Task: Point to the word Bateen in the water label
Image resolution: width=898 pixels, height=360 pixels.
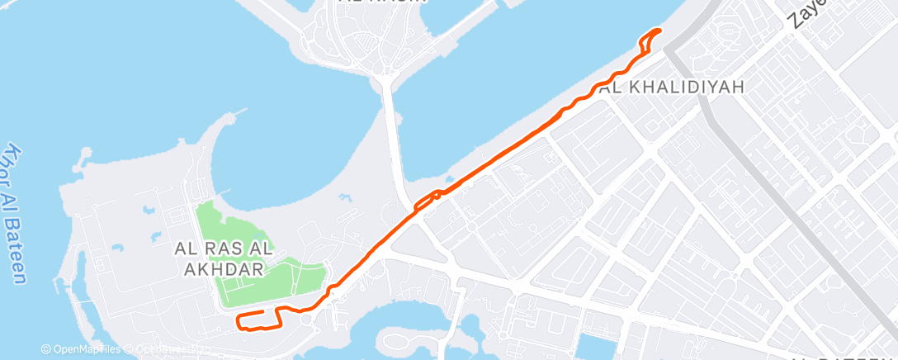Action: tap(18, 248)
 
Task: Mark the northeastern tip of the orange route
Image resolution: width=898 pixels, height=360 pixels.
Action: tap(659, 31)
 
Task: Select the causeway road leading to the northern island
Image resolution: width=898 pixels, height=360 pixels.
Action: tap(393, 132)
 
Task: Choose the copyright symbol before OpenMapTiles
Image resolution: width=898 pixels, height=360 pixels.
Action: tap(46, 350)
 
